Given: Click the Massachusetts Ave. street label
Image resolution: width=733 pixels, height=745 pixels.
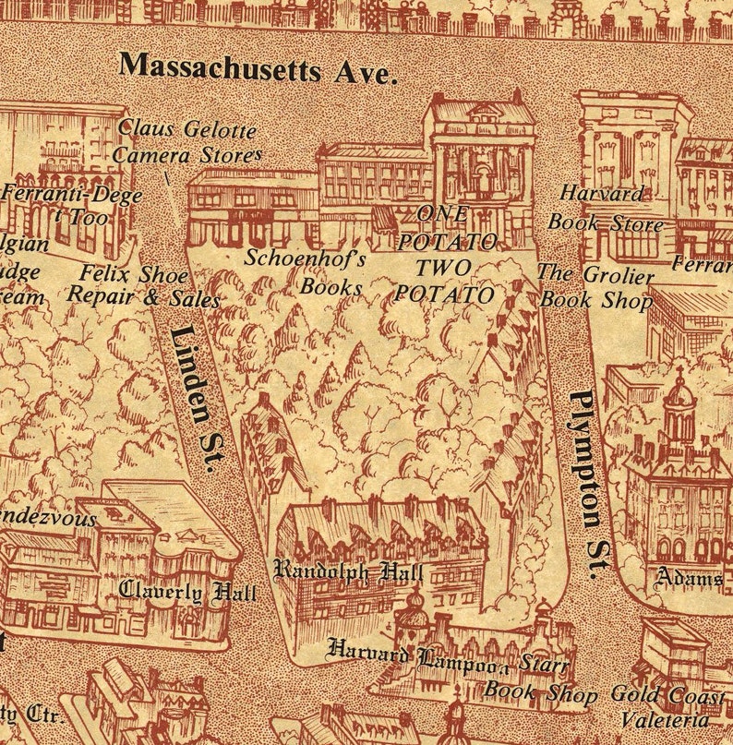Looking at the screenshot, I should tap(258, 67).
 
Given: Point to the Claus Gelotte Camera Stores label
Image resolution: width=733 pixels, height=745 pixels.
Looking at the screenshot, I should tap(187, 142).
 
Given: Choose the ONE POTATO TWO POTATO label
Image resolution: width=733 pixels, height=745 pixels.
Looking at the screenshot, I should tap(445, 255).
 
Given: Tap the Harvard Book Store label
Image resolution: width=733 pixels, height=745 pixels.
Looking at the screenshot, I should tap(605, 209).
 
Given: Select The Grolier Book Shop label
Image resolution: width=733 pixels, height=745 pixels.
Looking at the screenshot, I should tap(596, 287).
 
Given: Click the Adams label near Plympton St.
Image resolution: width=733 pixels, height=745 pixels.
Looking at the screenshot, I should tap(689, 579).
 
